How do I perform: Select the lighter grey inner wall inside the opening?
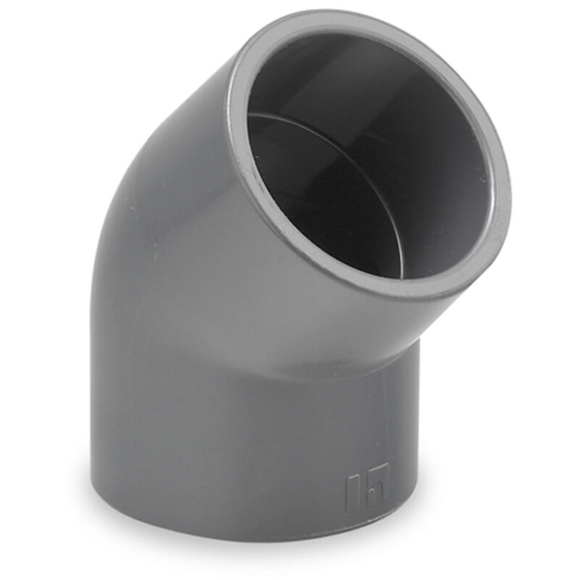point(449,181)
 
